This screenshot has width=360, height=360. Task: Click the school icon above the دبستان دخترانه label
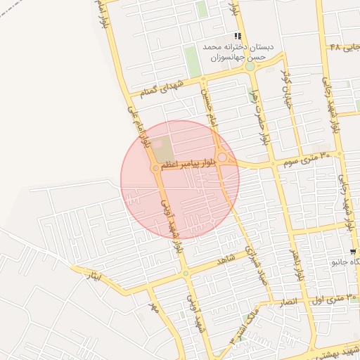[238, 36]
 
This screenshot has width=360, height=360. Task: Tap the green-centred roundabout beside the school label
[250, 67]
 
